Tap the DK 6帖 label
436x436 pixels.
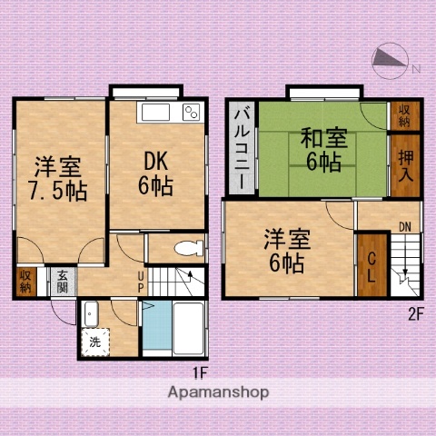coord(155,173)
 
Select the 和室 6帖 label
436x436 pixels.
coord(322,150)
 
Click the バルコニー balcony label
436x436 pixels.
coord(243,148)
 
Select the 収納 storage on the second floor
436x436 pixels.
coord(403,115)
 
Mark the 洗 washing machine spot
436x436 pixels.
coord(95,342)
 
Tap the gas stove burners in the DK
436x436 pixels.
coord(193,113)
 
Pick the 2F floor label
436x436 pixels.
coord(414,314)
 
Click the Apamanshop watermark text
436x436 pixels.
coord(217,393)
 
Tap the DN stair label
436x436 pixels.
coord(404,227)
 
